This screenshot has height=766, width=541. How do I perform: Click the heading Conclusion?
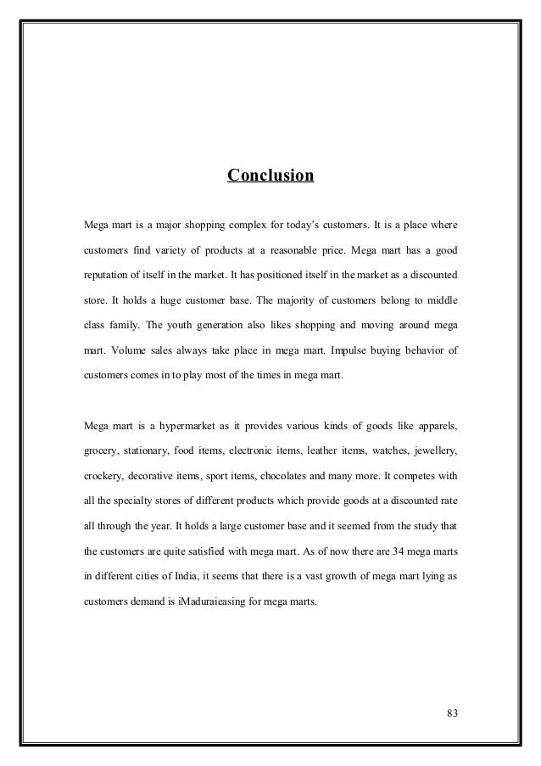pyautogui.click(x=270, y=176)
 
